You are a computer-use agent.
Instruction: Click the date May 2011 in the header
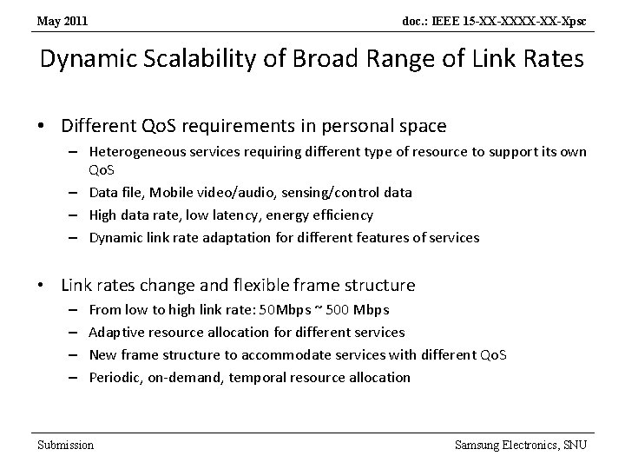[62, 19]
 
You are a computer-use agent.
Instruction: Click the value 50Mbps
[286, 309]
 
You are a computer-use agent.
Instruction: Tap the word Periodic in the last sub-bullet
[114, 377]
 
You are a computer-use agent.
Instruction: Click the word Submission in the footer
[65, 445]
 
